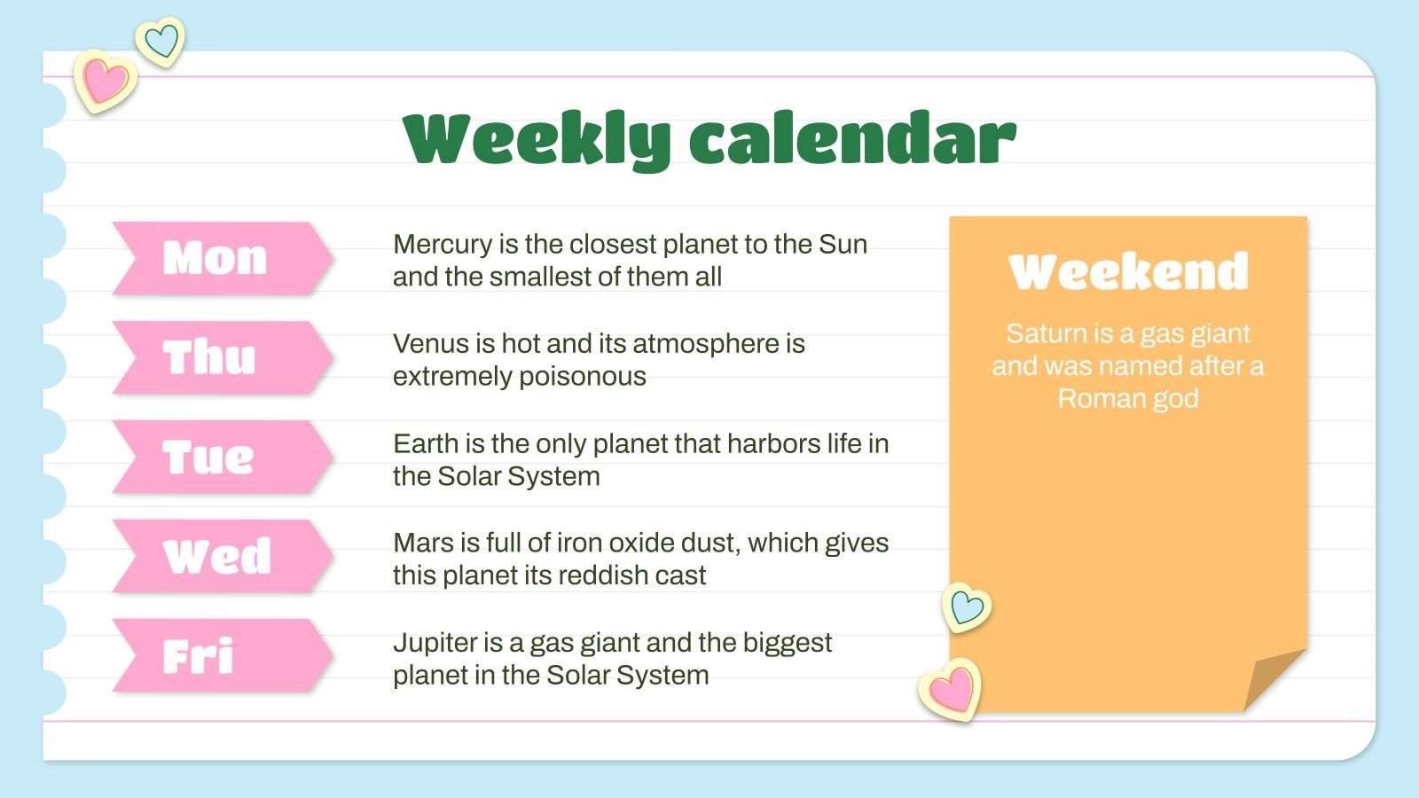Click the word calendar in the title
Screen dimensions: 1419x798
click(x=852, y=137)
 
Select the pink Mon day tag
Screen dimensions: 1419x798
click(x=223, y=258)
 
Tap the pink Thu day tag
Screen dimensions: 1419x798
click(x=223, y=358)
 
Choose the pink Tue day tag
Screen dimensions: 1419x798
click(x=223, y=458)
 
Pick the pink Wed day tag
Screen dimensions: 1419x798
click(x=223, y=557)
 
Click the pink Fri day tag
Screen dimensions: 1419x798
click(x=223, y=655)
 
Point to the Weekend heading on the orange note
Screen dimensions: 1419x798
click(x=1128, y=271)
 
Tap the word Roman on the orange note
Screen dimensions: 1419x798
click(x=1094, y=399)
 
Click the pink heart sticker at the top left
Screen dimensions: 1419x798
click(x=106, y=81)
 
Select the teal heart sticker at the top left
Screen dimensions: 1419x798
click(x=161, y=42)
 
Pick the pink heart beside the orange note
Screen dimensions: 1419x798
click(x=950, y=690)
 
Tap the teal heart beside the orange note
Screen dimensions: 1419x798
click(x=967, y=607)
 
